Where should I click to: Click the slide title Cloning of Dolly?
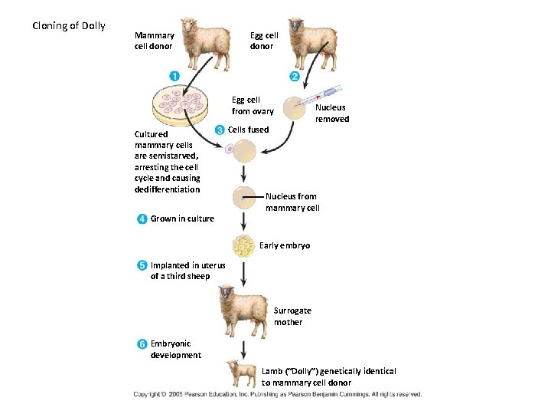[69, 25]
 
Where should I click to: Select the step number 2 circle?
[295, 76]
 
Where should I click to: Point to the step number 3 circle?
[220, 130]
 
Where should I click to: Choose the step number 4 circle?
[142, 219]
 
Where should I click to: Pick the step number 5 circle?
[142, 266]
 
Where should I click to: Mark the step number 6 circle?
[142, 344]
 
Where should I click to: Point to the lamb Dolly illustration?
[243, 374]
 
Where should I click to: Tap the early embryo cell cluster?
[243, 245]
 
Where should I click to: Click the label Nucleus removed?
[332, 113]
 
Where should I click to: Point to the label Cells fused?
[249, 130]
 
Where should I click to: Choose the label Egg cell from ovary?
[252, 106]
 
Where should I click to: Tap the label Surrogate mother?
[292, 317]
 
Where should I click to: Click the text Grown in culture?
[182, 219]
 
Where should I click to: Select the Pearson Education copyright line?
[277, 394]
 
